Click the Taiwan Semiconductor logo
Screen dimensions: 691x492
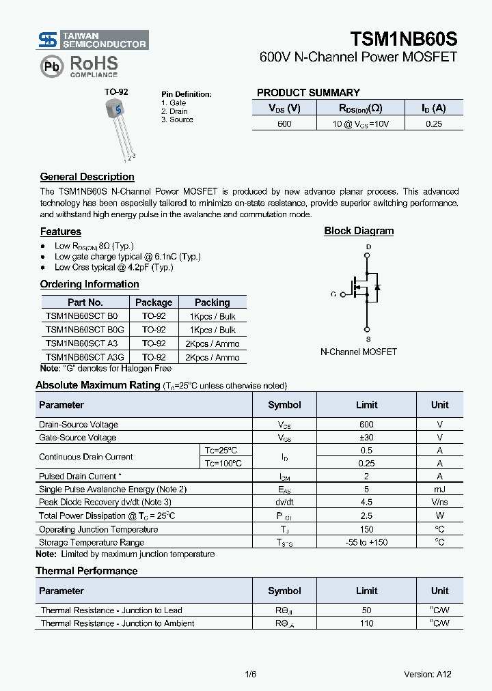tap(92, 40)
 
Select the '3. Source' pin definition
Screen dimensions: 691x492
tap(177, 119)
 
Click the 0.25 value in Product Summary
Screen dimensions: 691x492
tap(433, 124)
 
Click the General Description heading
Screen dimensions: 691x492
tap(87, 177)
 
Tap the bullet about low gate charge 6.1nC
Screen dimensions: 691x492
tap(127, 256)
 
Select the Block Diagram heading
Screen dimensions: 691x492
tap(359, 231)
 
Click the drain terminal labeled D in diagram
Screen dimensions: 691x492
tap(368, 247)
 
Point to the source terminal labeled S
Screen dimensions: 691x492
tap(368, 339)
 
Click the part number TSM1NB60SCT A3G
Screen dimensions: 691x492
tap(85, 357)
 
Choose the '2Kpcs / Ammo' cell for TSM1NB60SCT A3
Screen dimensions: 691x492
tap(212, 344)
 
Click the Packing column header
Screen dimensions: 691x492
tap(212, 302)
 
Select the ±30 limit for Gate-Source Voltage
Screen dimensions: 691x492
tap(366, 438)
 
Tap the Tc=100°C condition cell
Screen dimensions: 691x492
tap(223, 463)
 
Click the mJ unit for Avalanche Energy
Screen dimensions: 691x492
tap(439, 489)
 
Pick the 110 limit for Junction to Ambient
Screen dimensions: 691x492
tap(366, 623)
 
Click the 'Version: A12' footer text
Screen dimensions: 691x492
tap(428, 674)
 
